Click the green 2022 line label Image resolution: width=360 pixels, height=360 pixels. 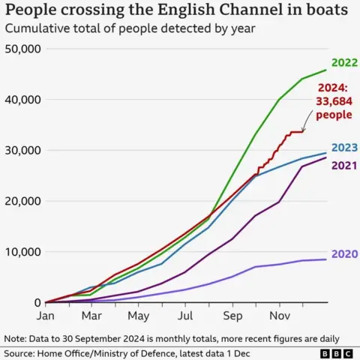coord(343,63)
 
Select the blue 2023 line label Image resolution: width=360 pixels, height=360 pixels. coord(343,147)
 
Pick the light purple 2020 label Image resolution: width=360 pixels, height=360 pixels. coord(343,254)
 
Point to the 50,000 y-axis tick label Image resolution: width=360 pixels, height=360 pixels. coord(22,49)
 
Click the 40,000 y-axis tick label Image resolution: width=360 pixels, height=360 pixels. coord(22,100)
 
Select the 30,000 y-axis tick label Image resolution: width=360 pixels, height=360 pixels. coord(22,150)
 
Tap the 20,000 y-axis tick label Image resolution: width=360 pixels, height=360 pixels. coord(22,201)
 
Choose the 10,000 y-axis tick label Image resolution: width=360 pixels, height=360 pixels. coord(22,252)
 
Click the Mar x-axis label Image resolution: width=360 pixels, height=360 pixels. coord(91,316)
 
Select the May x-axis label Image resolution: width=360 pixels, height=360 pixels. coord(139,316)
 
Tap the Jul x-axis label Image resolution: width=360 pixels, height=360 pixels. coord(185,316)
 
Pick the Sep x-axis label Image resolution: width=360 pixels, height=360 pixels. coord(232,316)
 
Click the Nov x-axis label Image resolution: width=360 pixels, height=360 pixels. coord(279,316)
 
